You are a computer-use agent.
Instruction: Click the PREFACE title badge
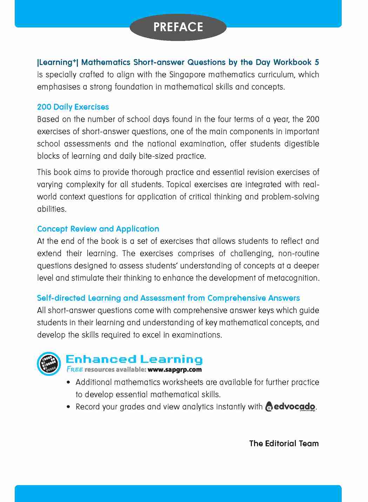coord(178,27)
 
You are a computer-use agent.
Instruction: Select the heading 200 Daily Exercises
coord(73,107)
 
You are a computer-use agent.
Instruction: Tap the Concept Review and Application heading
coord(98,229)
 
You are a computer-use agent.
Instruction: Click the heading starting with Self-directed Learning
coord(168,298)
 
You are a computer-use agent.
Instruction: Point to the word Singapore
coord(187,75)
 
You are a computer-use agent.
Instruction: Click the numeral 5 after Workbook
coord(317,62)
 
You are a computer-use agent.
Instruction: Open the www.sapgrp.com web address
coord(175,369)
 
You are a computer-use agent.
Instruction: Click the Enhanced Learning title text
coord(134,359)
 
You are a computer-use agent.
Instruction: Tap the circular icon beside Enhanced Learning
coord(49,364)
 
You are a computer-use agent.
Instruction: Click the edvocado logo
coord(291,407)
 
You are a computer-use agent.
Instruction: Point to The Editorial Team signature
coord(284,443)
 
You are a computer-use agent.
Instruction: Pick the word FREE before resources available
coord(75,369)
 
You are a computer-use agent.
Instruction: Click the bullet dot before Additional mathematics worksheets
coord(68,382)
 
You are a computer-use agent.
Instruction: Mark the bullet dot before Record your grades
coord(68,407)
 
